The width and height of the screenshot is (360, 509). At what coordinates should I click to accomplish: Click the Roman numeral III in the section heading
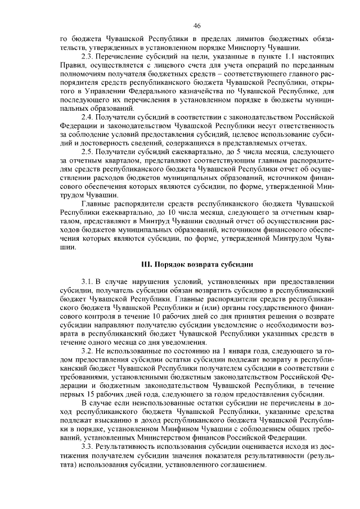(x=145, y=263)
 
